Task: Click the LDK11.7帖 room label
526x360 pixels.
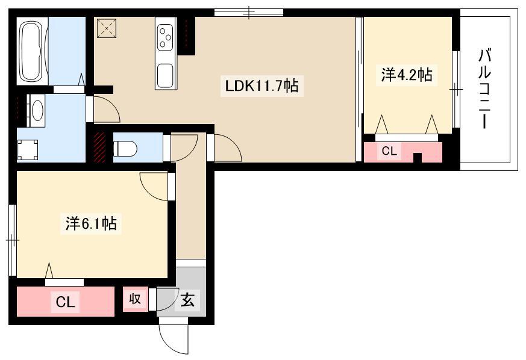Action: pyautogui.click(x=261, y=86)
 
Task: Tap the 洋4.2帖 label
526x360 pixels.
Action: pyautogui.click(x=407, y=75)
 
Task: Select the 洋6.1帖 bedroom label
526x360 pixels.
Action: pyautogui.click(x=91, y=223)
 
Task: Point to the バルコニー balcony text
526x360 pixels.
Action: pyautogui.click(x=485, y=88)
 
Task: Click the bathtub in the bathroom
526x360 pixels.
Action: pyautogui.click(x=33, y=51)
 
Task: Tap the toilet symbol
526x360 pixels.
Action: pyautogui.click(x=125, y=148)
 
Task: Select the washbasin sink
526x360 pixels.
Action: pyautogui.click(x=37, y=110)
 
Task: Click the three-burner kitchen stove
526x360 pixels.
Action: pyautogui.click(x=165, y=38)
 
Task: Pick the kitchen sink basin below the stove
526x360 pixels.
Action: pyautogui.click(x=165, y=75)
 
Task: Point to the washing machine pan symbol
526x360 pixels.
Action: pyautogui.click(x=28, y=150)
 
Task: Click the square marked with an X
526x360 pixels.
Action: pyautogui.click(x=107, y=28)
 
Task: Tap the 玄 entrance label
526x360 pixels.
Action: pyautogui.click(x=187, y=299)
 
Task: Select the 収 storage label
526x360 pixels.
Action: pyautogui.click(x=135, y=299)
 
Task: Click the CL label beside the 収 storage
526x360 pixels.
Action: pyautogui.click(x=66, y=302)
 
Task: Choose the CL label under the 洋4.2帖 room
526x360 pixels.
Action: pyautogui.click(x=389, y=151)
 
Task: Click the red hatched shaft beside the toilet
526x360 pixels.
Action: pyautogui.click(x=99, y=147)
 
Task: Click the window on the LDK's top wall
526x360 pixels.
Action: pyautogui.click(x=249, y=13)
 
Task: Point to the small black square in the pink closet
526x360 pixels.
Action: pyautogui.click(x=417, y=158)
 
